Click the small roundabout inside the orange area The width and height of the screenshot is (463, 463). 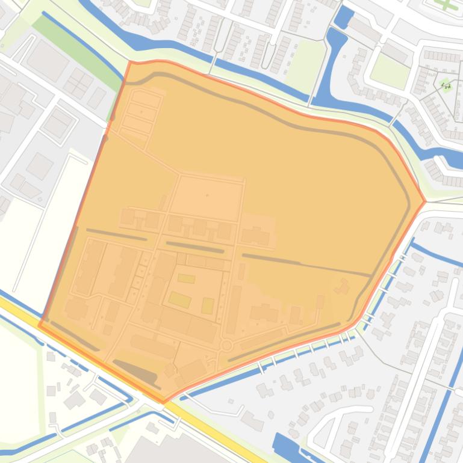pyautogui.click(x=226, y=345)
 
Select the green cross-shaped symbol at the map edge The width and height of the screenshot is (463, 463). pyautogui.click(x=445, y=4)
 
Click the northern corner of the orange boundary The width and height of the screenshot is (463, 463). pyautogui.click(x=131, y=61)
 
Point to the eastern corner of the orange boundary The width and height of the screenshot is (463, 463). pyautogui.click(x=425, y=201)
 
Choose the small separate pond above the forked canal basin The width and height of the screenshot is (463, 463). pyautogui.click(x=343, y=17)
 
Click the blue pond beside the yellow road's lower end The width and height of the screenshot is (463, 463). pyautogui.click(x=286, y=446)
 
